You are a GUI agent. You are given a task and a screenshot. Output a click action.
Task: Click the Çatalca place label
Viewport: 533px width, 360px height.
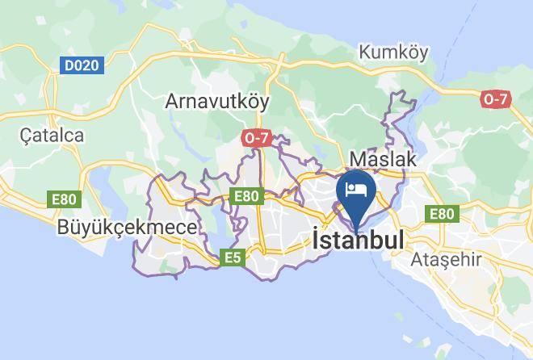(52, 135)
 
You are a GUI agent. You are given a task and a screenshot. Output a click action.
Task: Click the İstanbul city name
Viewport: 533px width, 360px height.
(358, 241)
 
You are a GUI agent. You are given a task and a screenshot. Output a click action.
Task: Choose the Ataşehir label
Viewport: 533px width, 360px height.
(447, 260)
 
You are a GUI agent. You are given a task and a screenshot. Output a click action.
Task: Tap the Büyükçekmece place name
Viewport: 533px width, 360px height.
(127, 228)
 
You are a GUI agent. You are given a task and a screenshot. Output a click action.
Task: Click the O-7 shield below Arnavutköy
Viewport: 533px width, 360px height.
(256, 138)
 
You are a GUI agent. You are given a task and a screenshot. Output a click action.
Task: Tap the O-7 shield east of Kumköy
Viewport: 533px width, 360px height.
(495, 98)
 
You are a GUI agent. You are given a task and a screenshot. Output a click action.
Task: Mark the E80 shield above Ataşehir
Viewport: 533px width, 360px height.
(441, 213)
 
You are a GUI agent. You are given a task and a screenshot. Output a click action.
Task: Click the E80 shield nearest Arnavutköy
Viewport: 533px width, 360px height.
(246, 195)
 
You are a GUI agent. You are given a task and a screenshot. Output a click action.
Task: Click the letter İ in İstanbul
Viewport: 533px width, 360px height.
(316, 240)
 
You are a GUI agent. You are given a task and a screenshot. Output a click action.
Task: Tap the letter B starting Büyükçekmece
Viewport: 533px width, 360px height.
(64, 228)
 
